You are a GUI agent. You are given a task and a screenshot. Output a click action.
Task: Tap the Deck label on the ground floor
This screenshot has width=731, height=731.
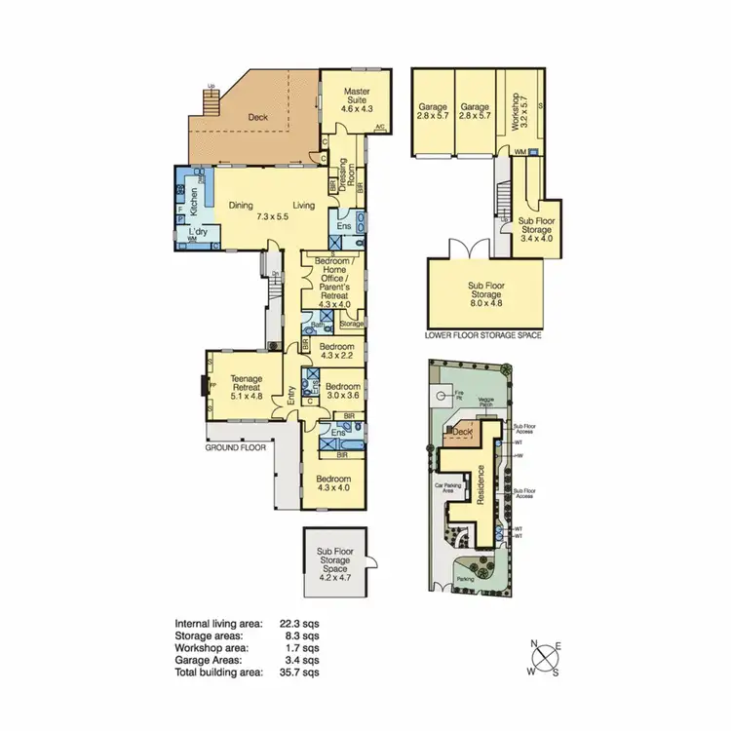[258, 118]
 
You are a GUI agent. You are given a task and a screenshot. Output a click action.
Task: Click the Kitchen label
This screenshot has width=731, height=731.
[195, 202]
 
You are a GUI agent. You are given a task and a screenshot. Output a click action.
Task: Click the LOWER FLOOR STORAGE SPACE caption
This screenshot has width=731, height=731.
[483, 335]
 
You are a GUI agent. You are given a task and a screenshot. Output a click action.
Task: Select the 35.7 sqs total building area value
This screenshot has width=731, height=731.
[301, 673]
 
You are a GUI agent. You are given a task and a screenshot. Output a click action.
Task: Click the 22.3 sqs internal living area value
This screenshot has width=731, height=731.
[301, 623]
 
